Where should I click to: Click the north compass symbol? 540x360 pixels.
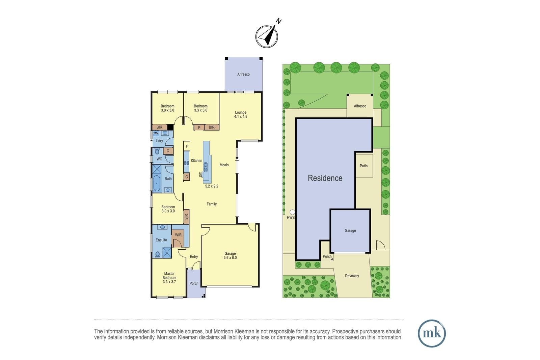click(x=267, y=36)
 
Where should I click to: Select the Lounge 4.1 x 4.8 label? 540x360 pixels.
click(x=241, y=114)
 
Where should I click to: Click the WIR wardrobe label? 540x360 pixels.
click(x=178, y=235)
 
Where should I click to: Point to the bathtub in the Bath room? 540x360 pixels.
click(x=157, y=183)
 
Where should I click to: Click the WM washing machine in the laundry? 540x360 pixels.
click(x=157, y=133)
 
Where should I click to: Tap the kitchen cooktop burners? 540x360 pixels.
click(x=186, y=163)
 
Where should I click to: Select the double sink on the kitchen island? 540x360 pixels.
click(x=206, y=167)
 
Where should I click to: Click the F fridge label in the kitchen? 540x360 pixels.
click(x=187, y=146)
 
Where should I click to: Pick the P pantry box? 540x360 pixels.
click(x=199, y=127)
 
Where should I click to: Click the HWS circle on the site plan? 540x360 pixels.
click(x=292, y=212)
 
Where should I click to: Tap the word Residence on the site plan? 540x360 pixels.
click(x=325, y=178)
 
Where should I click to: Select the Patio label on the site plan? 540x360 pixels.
click(x=363, y=166)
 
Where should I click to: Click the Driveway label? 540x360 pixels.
click(x=352, y=276)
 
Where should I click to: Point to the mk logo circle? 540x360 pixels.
click(x=432, y=333)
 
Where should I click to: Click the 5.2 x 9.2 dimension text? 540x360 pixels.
click(x=212, y=186)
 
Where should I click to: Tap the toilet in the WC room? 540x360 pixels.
click(x=157, y=151)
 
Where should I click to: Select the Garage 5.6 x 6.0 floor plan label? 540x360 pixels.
click(x=230, y=255)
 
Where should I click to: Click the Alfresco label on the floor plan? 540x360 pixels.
click(x=243, y=74)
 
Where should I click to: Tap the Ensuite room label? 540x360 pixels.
click(x=161, y=240)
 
